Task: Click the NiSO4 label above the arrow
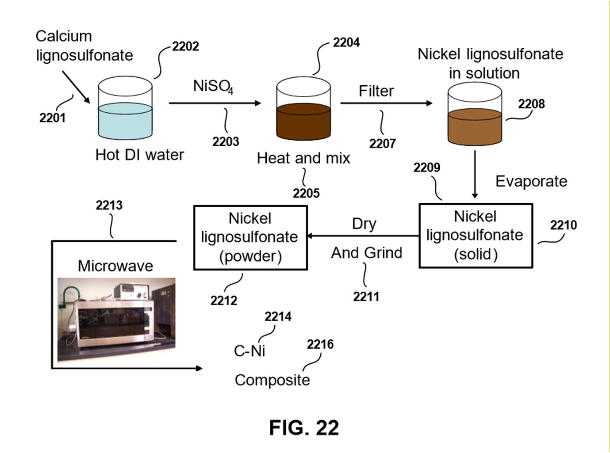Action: click(213, 86)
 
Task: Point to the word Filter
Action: click(376, 91)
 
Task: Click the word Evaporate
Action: click(531, 181)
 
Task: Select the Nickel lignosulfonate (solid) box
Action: click(476, 236)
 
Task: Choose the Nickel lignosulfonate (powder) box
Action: click(250, 237)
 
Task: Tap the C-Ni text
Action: click(249, 351)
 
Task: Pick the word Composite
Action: click(272, 380)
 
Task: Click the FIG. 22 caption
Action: click(304, 428)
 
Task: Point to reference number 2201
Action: click(52, 118)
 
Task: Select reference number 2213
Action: click(109, 205)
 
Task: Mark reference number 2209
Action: click(426, 167)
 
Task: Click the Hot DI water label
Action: click(139, 155)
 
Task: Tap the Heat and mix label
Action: click(303, 158)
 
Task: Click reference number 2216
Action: click(320, 344)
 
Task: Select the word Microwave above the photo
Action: click(115, 266)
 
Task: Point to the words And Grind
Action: click(367, 253)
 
